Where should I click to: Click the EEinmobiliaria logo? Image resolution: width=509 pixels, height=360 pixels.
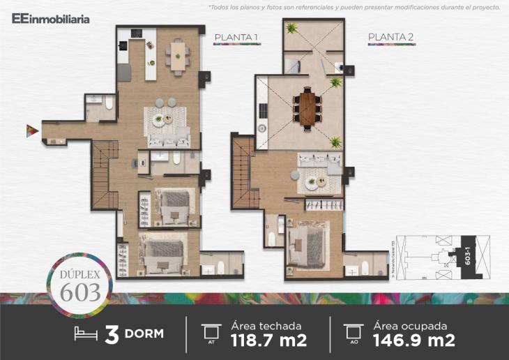pos(50,19)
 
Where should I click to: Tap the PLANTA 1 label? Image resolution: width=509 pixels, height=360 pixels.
pos(237,38)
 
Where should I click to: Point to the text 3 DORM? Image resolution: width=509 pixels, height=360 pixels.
pos(134,333)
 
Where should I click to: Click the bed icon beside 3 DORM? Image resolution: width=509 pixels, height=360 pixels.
pos(86,333)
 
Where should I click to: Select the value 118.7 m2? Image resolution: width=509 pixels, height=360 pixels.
pos(268,340)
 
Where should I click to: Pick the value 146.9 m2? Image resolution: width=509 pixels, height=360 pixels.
pos(414,340)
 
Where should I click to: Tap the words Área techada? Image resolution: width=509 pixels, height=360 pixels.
pos(266,324)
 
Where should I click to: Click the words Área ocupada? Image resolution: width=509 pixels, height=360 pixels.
pos(410,324)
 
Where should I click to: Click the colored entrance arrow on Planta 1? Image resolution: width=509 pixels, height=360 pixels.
pos(31,129)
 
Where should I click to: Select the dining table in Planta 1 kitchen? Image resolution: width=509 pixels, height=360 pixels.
pos(178,54)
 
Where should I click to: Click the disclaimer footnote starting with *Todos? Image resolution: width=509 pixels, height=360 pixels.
pos(354,8)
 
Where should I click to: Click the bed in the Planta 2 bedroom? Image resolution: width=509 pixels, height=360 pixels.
pos(307,244)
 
